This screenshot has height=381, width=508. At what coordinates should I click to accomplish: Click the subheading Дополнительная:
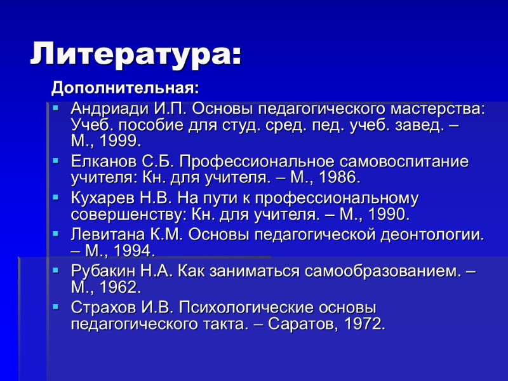[124, 86]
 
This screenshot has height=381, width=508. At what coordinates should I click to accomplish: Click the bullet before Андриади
[56, 108]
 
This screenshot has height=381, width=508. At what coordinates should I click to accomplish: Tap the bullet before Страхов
[56, 308]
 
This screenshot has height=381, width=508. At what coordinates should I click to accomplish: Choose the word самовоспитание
[398, 161]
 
